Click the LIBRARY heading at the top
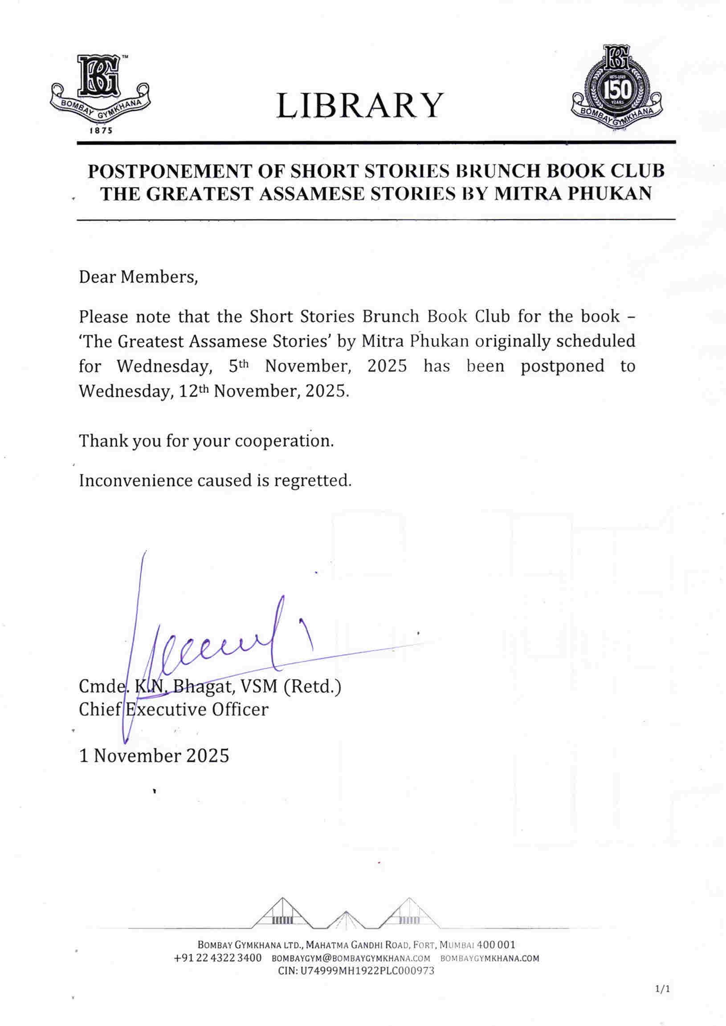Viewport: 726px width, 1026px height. (x=360, y=105)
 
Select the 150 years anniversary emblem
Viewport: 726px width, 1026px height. (x=617, y=89)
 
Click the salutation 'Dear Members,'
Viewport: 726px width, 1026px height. (x=138, y=278)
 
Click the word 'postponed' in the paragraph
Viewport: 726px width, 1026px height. (x=562, y=366)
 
